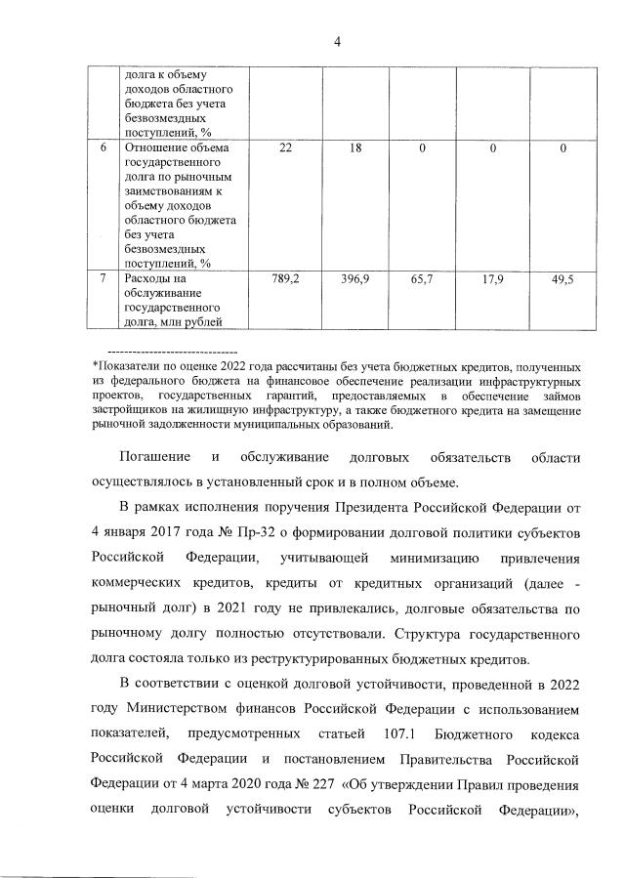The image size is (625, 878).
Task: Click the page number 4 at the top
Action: [x=337, y=41]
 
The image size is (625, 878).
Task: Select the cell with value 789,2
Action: [x=284, y=279]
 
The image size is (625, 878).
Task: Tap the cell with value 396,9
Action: [x=354, y=279]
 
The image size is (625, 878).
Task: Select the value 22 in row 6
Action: [x=284, y=147]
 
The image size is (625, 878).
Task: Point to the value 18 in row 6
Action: [x=354, y=147]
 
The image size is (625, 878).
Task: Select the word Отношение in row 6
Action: [x=154, y=147]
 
